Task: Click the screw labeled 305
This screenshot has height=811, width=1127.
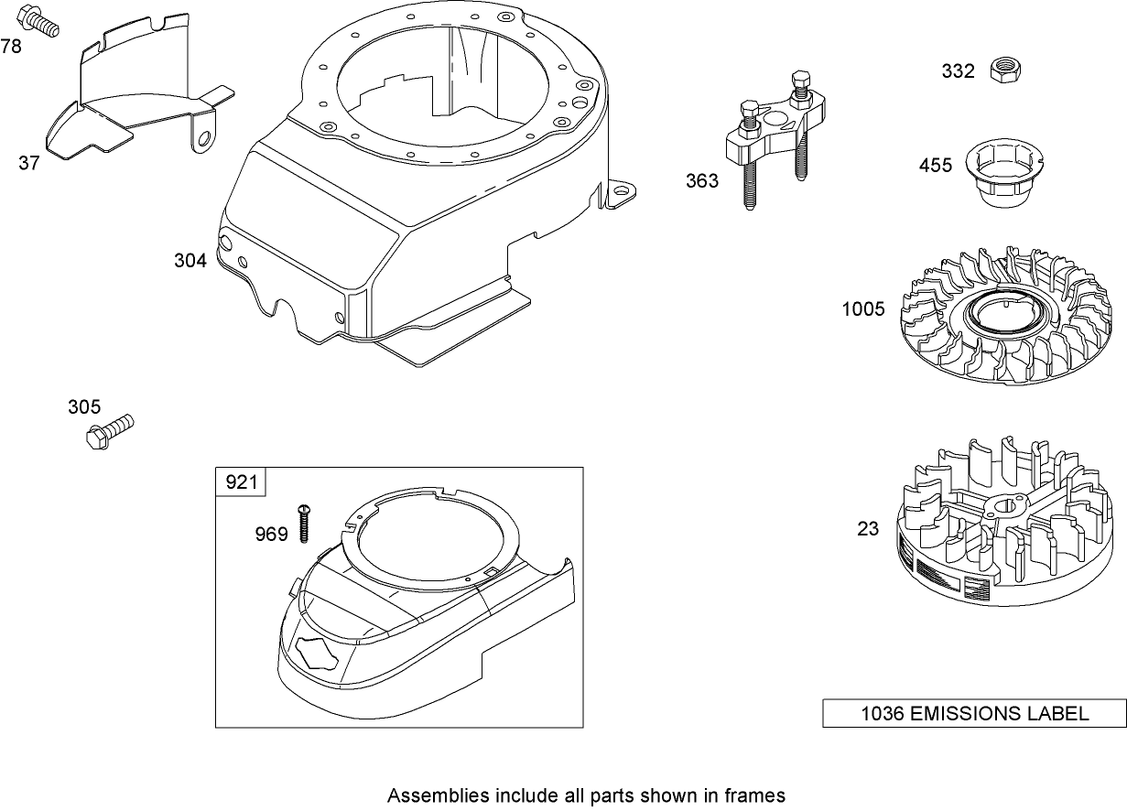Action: (109, 430)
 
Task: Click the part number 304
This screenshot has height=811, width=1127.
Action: (190, 261)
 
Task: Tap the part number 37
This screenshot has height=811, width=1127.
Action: (29, 163)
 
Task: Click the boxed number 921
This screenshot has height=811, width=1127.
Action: (242, 481)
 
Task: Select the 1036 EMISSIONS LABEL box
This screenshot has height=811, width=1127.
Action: (974, 714)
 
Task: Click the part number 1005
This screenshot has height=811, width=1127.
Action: (863, 309)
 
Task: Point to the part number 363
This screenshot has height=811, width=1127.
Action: (702, 181)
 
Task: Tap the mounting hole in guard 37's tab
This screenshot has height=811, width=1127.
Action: (203, 138)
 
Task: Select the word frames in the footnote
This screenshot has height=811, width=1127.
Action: (758, 795)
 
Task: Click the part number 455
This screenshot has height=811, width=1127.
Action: (936, 166)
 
